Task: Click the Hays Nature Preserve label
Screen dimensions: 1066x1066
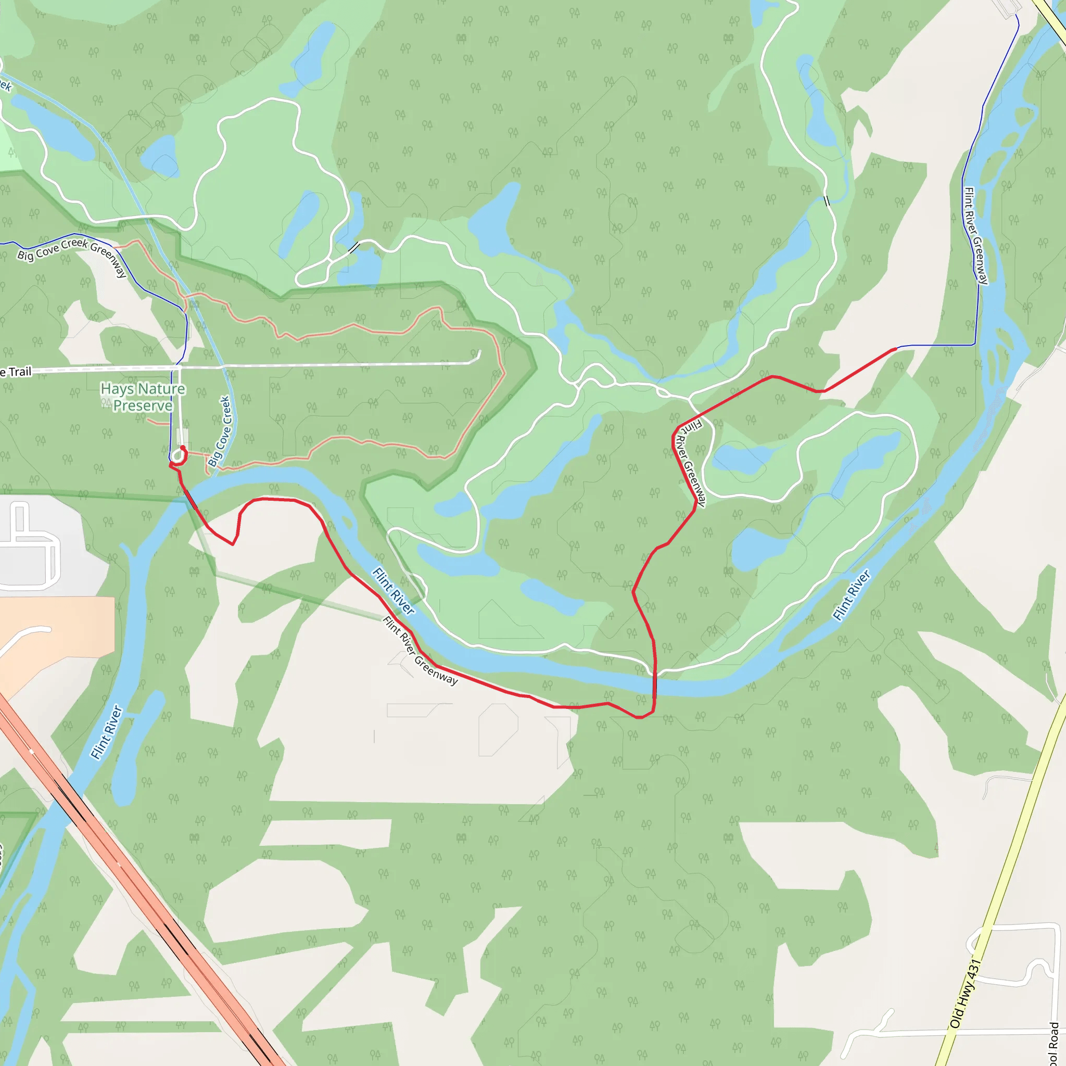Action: pos(142,397)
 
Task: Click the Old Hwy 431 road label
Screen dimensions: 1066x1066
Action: pos(965,994)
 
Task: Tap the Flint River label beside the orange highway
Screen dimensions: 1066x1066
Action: pos(106,732)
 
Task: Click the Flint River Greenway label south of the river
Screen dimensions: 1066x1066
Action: pos(420,651)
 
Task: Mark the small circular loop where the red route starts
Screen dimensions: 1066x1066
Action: pos(177,456)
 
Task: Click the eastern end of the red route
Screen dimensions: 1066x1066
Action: pos(895,349)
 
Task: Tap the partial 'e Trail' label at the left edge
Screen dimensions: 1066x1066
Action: pos(17,372)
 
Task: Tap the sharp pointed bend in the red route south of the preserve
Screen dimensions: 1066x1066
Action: pos(233,544)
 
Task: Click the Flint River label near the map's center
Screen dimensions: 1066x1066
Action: pos(393,591)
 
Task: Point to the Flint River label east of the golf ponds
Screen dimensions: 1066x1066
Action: pos(852,595)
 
